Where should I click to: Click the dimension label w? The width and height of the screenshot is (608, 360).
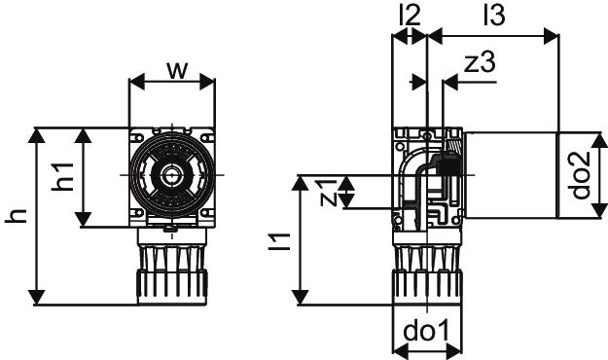pyautogui.click(x=177, y=70)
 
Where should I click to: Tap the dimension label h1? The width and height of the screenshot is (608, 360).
pyautogui.click(x=63, y=177)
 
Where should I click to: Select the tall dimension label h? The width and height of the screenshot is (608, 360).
pyautogui.click(x=16, y=216)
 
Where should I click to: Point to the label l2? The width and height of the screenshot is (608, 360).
pyautogui.click(x=410, y=16)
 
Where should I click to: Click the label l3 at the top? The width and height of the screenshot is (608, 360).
pyautogui.click(x=495, y=16)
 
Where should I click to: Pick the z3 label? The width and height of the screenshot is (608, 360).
pyautogui.click(x=480, y=62)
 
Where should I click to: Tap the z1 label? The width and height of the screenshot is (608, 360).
pyautogui.click(x=328, y=193)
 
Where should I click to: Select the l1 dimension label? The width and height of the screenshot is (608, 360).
pyautogui.click(x=279, y=241)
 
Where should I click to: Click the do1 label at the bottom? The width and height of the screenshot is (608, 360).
pyautogui.click(x=426, y=331)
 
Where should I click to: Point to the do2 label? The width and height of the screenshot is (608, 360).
pyautogui.click(x=581, y=175)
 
